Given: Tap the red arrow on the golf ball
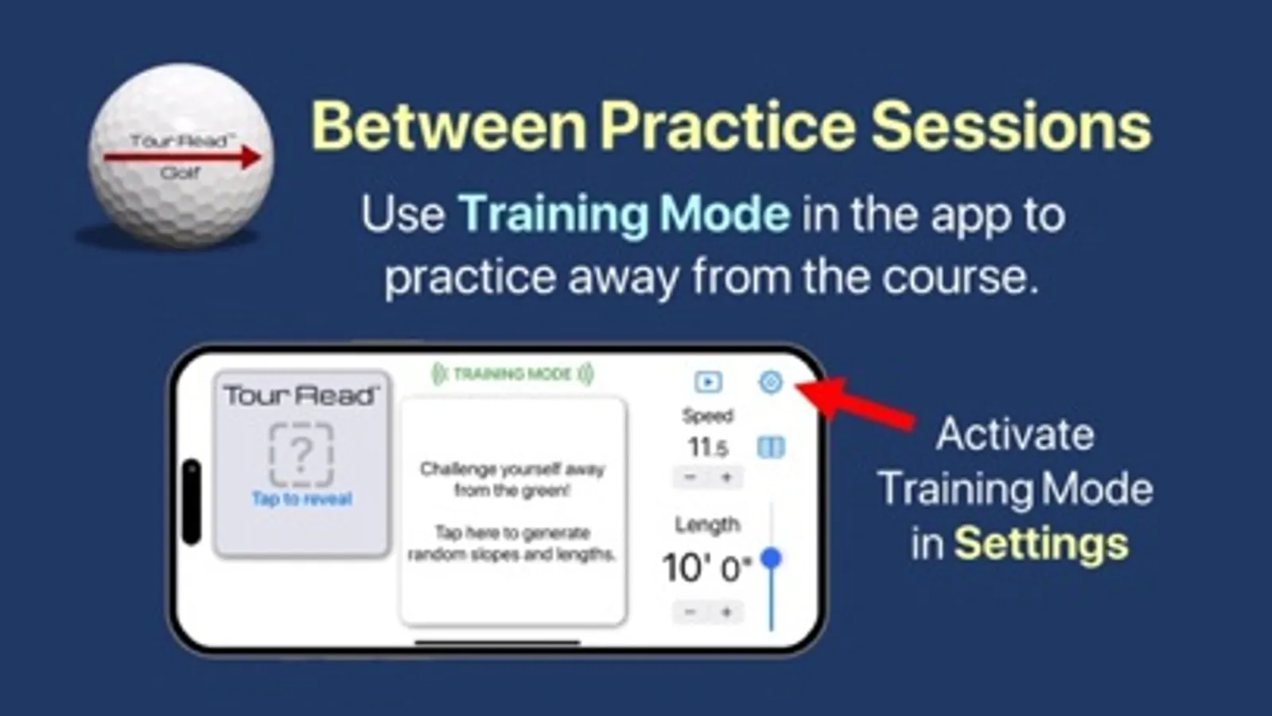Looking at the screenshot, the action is pos(182,157).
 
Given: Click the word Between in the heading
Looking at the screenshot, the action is pos(448,126).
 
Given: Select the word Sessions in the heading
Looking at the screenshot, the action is pos(1011,126).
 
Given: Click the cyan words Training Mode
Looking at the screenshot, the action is pos(624,215).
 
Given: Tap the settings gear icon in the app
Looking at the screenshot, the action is pos(771,382).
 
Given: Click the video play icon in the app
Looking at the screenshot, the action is pos(709,382).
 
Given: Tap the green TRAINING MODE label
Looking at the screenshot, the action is pos(513,374).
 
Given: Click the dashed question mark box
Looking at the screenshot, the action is pos(301,454).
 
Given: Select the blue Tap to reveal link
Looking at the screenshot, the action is pos(301,499).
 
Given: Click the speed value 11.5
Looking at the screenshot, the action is pos(707,447).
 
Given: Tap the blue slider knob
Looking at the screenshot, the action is pos(771,558).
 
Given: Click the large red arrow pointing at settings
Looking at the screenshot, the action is pos(854,403).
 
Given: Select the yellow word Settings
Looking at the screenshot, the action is pos(1041,544).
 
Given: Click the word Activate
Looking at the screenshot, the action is pos(1015,434).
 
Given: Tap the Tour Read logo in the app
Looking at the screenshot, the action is pos(301,395).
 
